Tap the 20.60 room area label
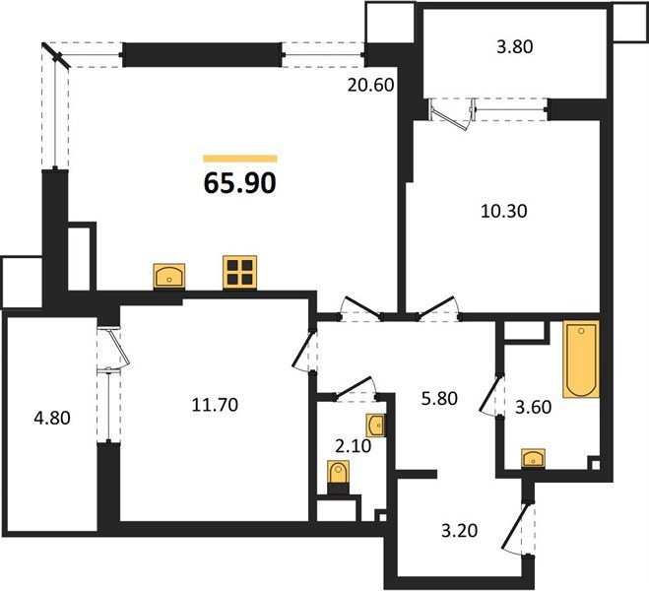(x=371, y=86)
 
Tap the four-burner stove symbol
(x=239, y=273)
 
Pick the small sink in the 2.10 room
(x=375, y=426)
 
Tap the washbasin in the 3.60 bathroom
(x=533, y=457)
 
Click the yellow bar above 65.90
(x=239, y=158)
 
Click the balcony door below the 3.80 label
(x=455, y=113)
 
